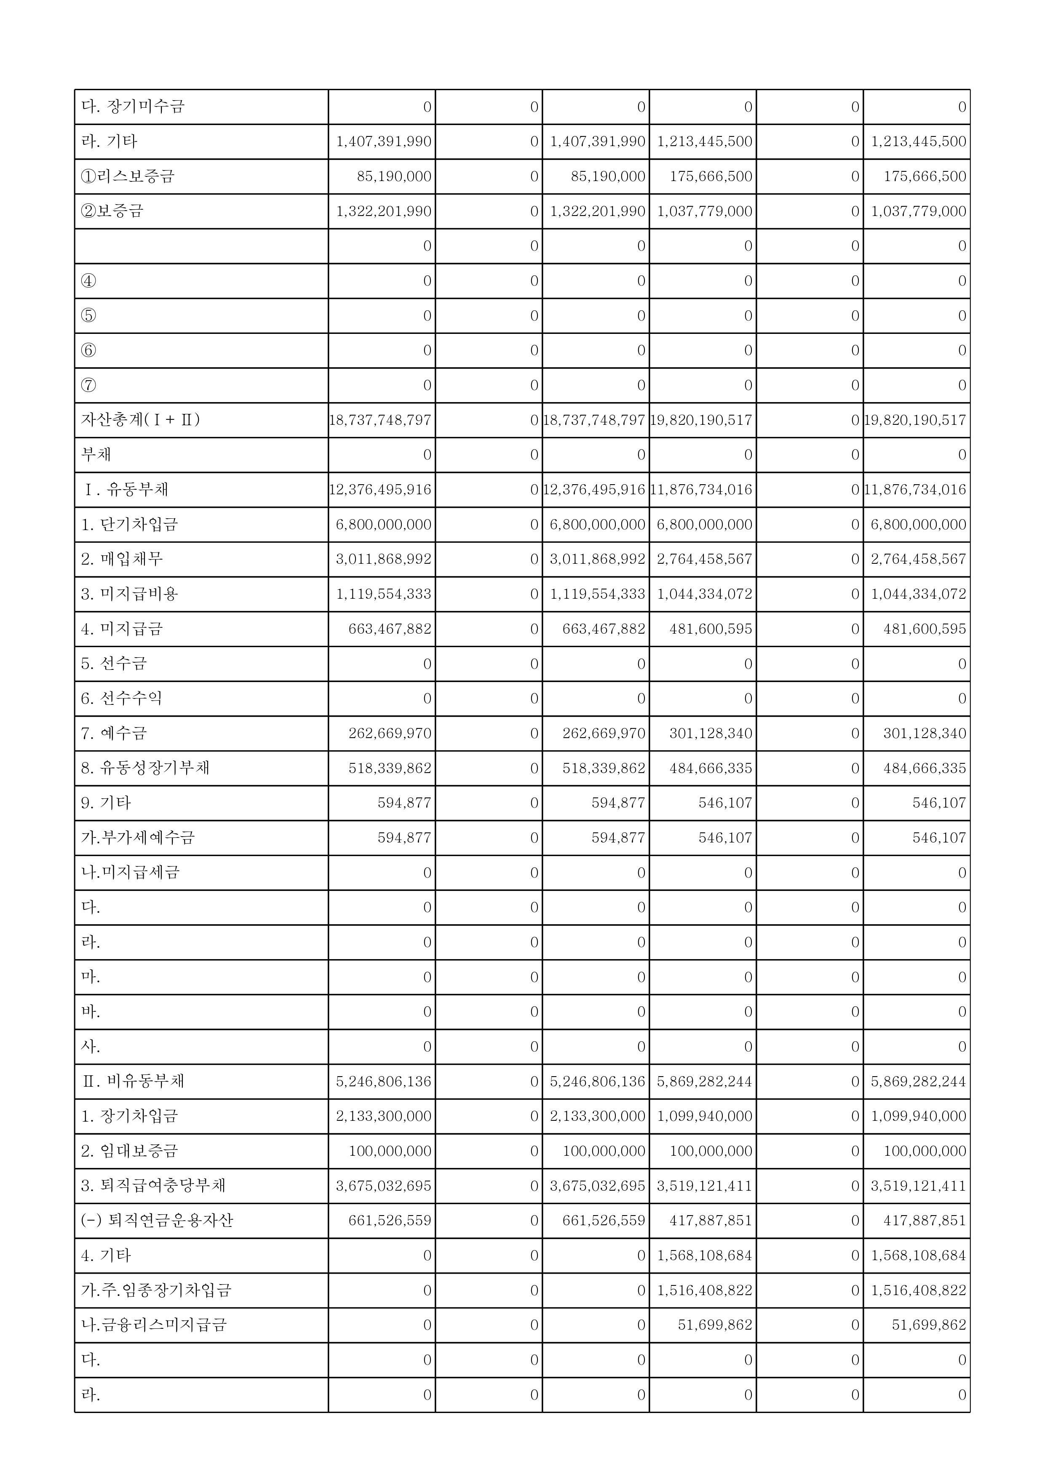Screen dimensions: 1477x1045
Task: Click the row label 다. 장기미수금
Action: click(133, 106)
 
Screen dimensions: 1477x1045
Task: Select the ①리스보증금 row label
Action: click(127, 176)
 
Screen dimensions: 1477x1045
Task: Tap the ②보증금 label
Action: click(112, 211)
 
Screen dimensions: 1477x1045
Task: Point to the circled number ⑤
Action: click(89, 315)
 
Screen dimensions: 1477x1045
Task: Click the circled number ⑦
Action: click(89, 385)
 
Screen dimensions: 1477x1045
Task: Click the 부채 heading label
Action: click(96, 454)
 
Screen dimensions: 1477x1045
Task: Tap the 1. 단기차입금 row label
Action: click(129, 524)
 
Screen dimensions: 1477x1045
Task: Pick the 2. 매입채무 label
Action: click(122, 559)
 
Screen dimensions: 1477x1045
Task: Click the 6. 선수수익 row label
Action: click(122, 698)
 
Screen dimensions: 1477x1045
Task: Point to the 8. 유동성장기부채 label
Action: click(145, 768)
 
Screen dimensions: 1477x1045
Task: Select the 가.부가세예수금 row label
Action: click(138, 837)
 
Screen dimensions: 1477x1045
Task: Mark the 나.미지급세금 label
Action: click(131, 872)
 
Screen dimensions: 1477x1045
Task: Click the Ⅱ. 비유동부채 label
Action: click(133, 1081)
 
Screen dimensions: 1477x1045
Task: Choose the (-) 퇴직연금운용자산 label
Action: click(157, 1220)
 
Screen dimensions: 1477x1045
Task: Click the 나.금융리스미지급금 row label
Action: click(154, 1325)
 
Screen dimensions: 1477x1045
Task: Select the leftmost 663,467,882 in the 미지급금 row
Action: click(390, 629)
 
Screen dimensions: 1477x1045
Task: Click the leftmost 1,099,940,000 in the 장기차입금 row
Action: click(705, 1116)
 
